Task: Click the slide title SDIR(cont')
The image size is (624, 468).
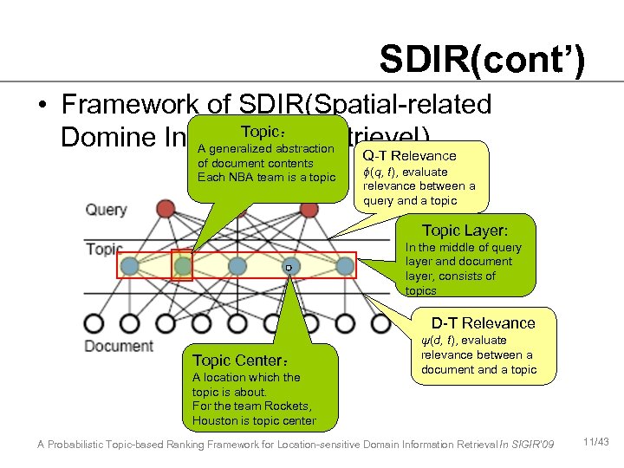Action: (482, 61)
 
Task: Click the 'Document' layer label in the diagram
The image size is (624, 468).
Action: (119, 345)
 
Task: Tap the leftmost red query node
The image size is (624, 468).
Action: (166, 208)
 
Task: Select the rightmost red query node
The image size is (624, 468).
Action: (309, 208)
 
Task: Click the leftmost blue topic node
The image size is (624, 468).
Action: (130, 266)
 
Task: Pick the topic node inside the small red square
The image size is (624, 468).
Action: (182, 266)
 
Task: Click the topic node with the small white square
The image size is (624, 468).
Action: (291, 266)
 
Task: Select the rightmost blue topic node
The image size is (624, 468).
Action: (345, 266)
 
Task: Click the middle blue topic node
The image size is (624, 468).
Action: (237, 266)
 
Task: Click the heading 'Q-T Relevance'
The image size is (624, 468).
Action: (409, 156)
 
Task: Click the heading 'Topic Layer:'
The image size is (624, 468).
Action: (465, 231)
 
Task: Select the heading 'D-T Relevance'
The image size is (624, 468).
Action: (471, 323)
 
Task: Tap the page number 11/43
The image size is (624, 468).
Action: (597, 443)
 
